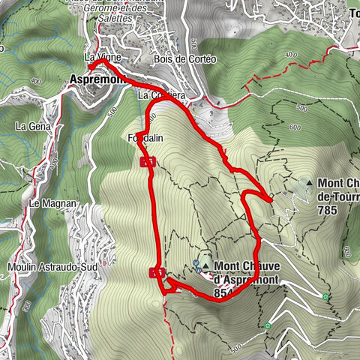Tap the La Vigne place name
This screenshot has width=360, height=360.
point(102,57)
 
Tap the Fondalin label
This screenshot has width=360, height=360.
point(141,137)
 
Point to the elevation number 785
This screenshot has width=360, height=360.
point(326,211)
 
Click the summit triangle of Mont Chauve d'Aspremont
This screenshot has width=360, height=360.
point(205,266)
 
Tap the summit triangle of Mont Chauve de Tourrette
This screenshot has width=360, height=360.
point(308,182)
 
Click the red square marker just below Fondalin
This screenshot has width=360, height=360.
point(147,160)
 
